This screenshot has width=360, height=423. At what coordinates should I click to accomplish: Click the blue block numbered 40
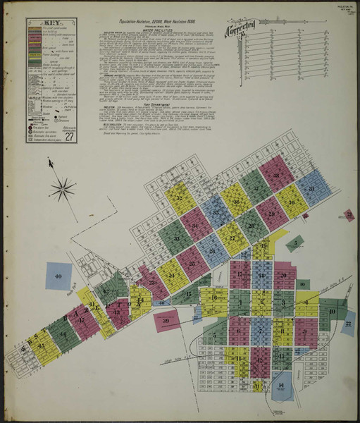58,276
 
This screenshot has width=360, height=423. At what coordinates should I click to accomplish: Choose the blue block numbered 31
310,190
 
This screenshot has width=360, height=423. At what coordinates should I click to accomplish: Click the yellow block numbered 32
180,199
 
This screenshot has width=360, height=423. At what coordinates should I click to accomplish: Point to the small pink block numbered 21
349,216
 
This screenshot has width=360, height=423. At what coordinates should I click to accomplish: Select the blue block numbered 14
283,386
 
